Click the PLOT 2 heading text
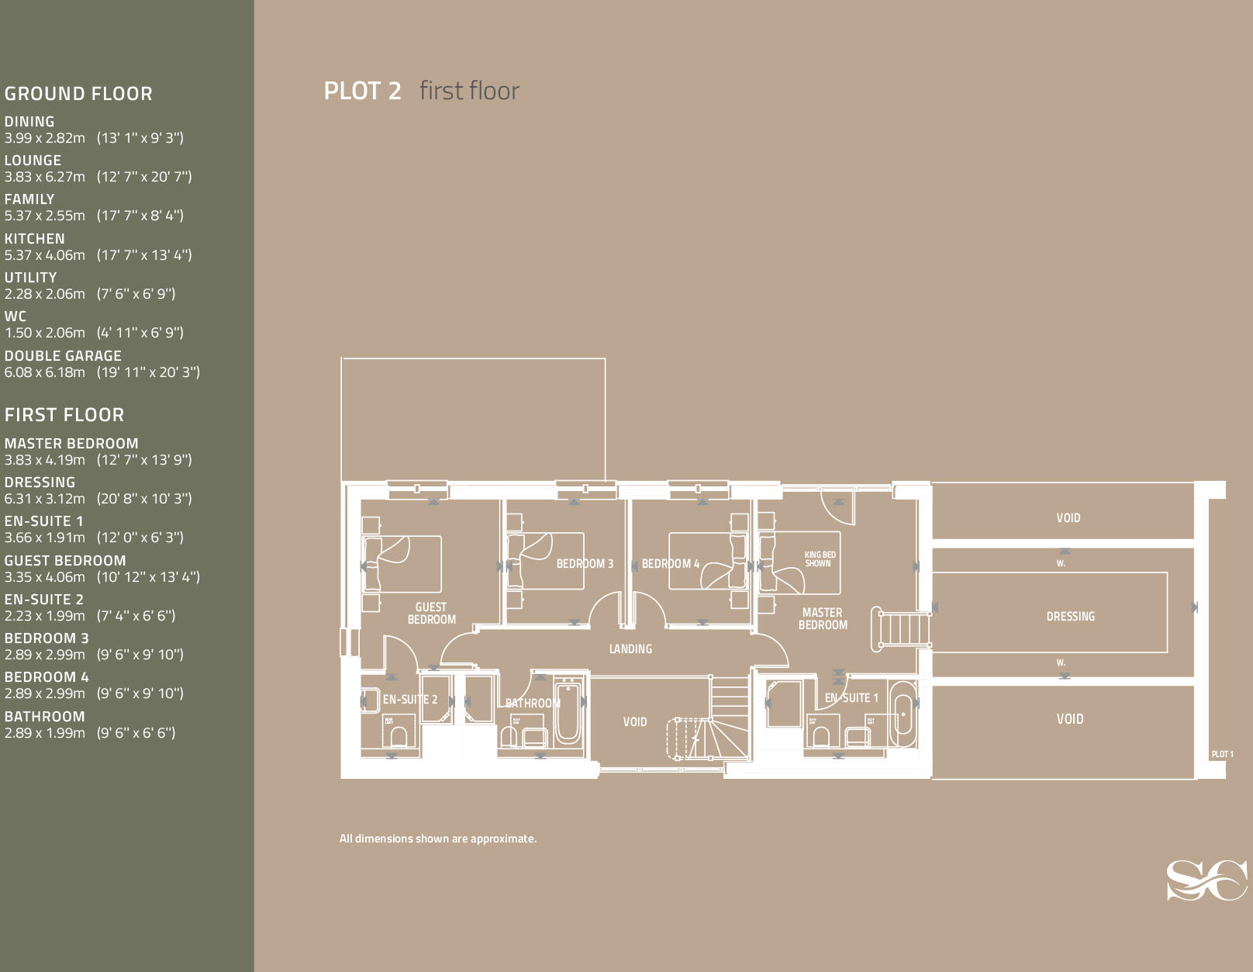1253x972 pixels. tap(362, 91)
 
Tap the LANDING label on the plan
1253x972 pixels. tap(630, 649)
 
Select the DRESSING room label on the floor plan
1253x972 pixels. tap(1070, 617)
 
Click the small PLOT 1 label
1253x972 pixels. tap(1222, 754)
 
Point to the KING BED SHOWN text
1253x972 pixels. tap(820, 559)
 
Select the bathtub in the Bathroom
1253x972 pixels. tap(567, 711)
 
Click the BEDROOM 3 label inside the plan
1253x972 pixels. tap(585, 564)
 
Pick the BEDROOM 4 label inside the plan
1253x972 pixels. tap(670, 564)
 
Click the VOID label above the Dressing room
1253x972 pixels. tap(1068, 518)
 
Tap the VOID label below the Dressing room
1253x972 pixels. tap(1069, 719)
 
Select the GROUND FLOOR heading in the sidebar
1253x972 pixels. tap(78, 94)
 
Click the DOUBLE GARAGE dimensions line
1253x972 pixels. tap(102, 372)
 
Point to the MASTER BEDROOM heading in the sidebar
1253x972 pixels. tap(71, 444)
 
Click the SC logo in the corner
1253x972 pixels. tap(1206, 880)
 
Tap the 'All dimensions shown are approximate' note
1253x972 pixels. tap(437, 839)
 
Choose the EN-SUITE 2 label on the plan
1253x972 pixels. tap(409, 700)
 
